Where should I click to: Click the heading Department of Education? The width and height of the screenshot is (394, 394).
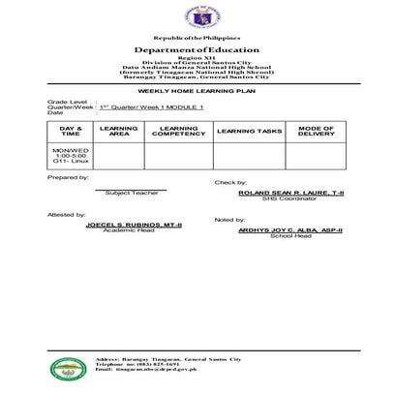197,48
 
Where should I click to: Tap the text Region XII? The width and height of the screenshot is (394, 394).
197,58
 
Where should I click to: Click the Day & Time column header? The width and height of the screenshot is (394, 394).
71,131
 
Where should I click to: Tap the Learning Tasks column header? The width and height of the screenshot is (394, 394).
249,131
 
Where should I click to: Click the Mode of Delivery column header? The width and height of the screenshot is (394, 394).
317,131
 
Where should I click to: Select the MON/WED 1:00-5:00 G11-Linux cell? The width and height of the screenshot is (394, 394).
71,154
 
